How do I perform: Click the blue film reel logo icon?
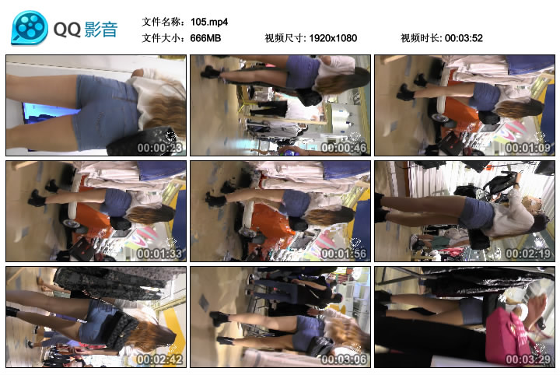pos(30,28)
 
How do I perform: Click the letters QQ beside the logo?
pos(67,30)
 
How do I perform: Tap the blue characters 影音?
pos(101,30)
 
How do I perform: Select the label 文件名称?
pos(162,22)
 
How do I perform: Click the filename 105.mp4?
pos(209,22)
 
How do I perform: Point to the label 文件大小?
pos(162,38)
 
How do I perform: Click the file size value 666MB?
pos(205,38)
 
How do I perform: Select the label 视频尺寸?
pos(285,38)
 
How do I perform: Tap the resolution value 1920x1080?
pos(333,38)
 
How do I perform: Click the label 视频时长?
pos(421,38)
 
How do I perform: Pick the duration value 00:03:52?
pos(464,38)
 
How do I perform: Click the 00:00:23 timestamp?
pos(159,148)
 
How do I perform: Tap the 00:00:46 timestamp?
pos(344,148)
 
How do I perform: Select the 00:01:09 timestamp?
pos(528,148)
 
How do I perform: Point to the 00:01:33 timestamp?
pos(159,254)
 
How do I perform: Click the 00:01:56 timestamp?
pos(344,254)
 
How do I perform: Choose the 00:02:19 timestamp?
pos(528,254)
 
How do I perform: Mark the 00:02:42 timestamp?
pos(159,359)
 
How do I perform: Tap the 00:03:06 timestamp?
pos(344,359)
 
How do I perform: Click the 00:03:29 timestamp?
pos(528,359)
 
